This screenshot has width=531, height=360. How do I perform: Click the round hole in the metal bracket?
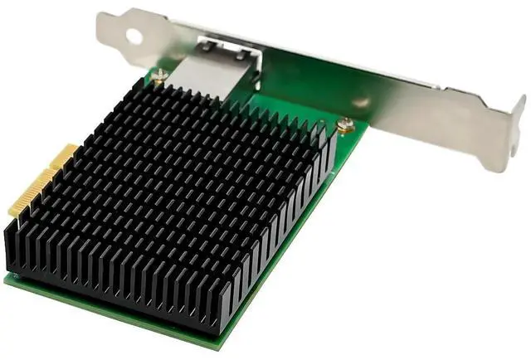130,36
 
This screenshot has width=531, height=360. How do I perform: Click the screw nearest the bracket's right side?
345,124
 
